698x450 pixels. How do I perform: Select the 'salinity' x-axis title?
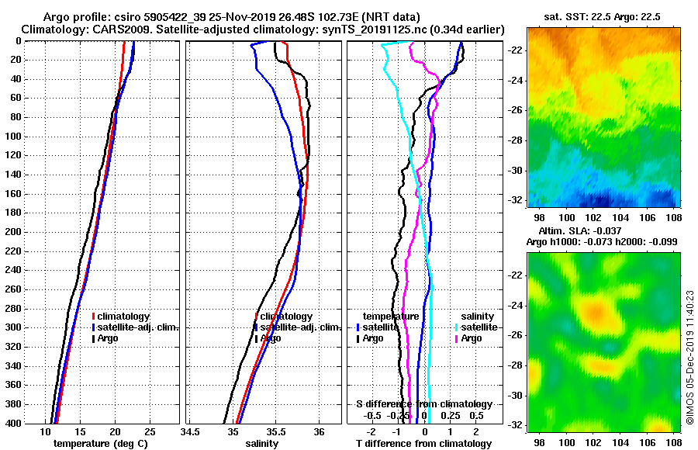(262, 444)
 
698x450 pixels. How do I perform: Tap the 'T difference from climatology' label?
(423, 444)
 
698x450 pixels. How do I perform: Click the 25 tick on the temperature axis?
(150, 431)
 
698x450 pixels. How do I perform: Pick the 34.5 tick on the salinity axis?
(190, 431)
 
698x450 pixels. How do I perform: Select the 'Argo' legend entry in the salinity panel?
(271, 338)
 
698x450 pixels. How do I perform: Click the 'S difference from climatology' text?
(423, 404)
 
